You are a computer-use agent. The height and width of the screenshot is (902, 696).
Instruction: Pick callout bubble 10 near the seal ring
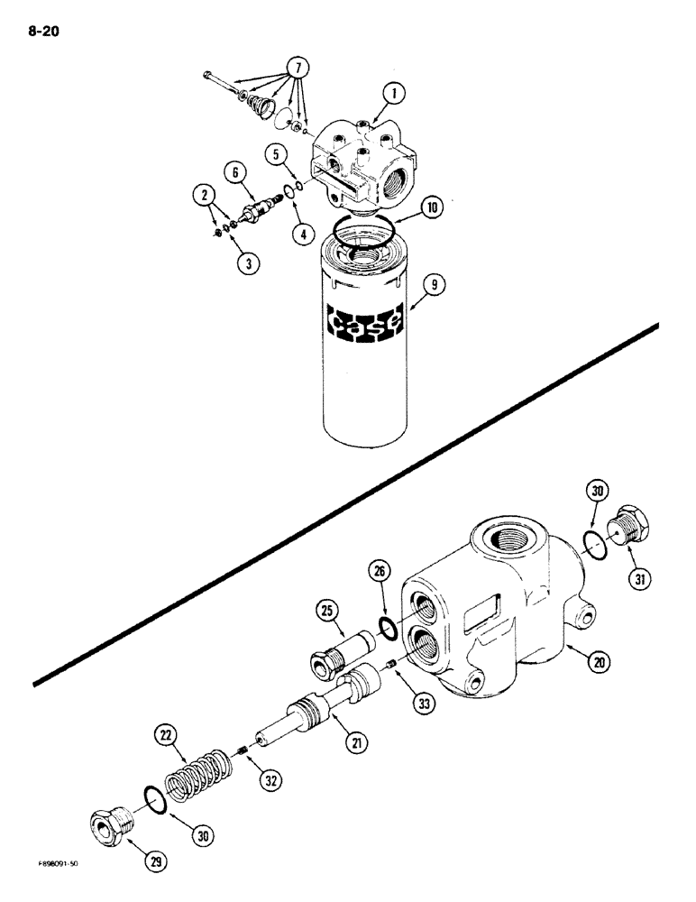coord(432,207)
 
